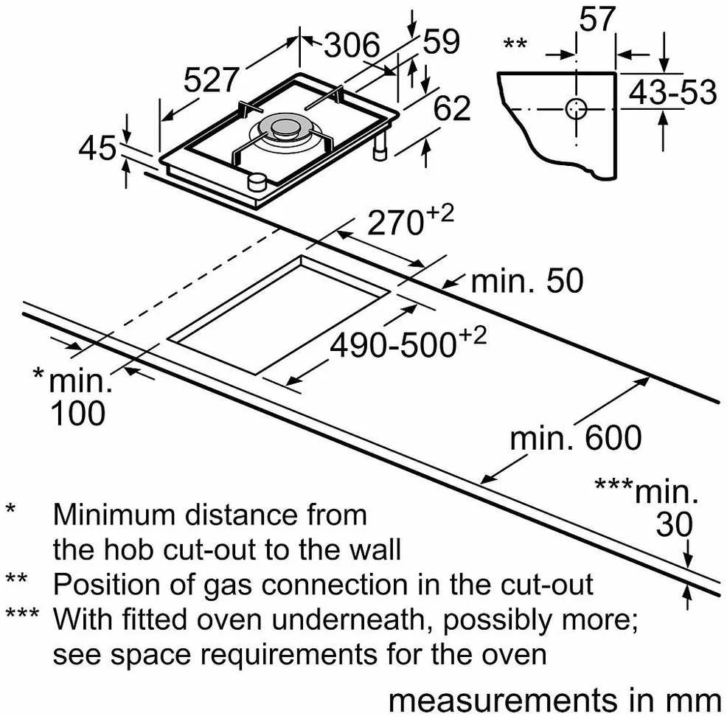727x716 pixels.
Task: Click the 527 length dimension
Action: [212, 80]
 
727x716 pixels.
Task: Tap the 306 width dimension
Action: [352, 45]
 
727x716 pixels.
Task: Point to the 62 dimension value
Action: [452, 108]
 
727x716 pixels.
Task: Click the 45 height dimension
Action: [97, 148]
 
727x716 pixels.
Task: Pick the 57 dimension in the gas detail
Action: [597, 18]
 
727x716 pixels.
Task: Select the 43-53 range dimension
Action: [672, 92]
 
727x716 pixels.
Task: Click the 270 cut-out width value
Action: [395, 223]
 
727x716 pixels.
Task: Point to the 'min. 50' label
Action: [527, 281]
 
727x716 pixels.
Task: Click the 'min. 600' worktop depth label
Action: [576, 438]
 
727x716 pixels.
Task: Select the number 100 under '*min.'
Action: [78, 413]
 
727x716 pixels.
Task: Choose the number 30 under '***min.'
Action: [674, 524]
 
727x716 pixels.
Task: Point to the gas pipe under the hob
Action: [380, 147]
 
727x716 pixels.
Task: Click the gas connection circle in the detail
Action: [577, 109]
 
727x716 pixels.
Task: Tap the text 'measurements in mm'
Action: [554, 701]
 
